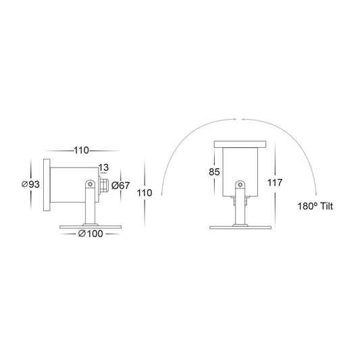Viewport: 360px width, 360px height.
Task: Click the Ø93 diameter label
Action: pyautogui.click(x=30, y=184)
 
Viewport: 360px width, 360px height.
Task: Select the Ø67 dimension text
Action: pyautogui.click(x=120, y=186)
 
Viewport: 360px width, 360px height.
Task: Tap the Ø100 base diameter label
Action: pyautogui.click(x=91, y=234)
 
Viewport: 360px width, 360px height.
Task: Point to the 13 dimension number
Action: pyautogui.click(x=103, y=168)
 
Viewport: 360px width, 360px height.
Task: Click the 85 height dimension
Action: pyautogui.click(x=214, y=172)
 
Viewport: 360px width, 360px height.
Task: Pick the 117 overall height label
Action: pyautogui.click(x=275, y=183)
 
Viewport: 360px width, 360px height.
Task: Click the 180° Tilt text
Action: pyautogui.click(x=315, y=206)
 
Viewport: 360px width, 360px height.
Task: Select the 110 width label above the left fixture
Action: pyautogui.click(x=81, y=151)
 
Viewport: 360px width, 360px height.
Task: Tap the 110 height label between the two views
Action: pyautogui.click(x=145, y=193)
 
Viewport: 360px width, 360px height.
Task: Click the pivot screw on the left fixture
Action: pyautogui.click(x=91, y=184)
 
